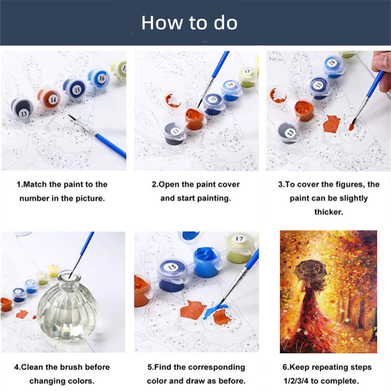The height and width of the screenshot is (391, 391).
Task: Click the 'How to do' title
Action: pos(189,23)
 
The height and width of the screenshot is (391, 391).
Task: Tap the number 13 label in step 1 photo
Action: pos(24,114)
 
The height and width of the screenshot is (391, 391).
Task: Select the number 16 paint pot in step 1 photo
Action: pos(99,78)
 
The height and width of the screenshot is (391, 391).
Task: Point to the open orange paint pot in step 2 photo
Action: pos(195,119)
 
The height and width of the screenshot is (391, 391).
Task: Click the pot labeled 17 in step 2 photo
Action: pos(247,77)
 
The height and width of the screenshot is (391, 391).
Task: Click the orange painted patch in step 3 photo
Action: pos(331,124)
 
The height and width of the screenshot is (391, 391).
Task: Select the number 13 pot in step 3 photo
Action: pos(288,133)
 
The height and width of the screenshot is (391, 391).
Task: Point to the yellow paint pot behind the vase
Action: pos(53,270)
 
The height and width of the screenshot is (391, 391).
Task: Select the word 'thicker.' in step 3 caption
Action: pos(329,212)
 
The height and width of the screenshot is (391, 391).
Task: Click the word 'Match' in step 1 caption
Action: pos(35,184)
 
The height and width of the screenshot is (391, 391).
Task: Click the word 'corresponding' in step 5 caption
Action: pos(216,368)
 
